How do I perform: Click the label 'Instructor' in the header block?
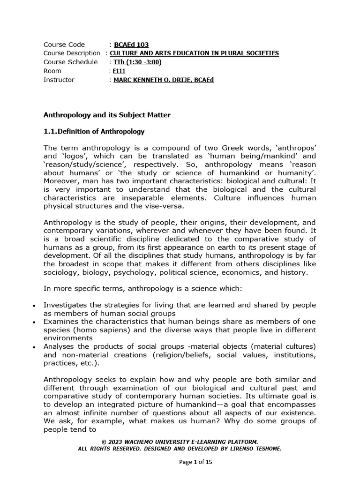point(59,80)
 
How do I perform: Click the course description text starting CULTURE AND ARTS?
point(194,53)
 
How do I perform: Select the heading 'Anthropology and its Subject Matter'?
point(107,114)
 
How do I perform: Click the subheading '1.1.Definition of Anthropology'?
point(94,131)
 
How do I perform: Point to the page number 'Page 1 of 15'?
point(196,462)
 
